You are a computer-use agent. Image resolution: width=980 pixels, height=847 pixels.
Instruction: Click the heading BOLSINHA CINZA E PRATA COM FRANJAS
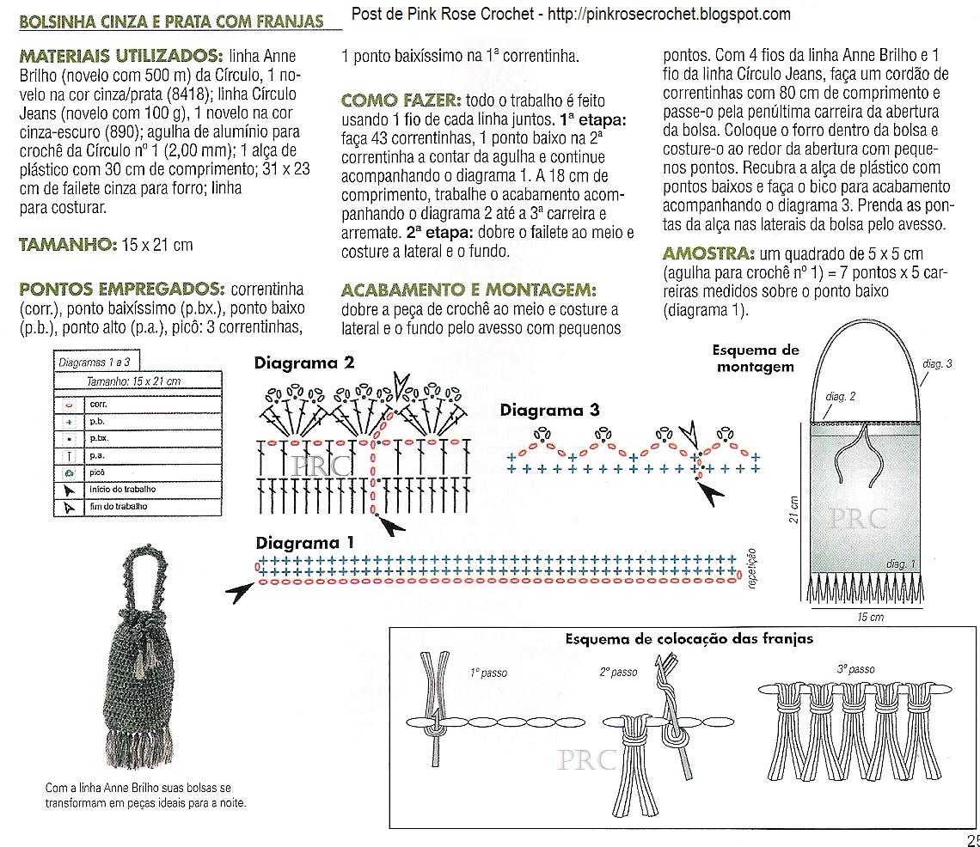pos(172,21)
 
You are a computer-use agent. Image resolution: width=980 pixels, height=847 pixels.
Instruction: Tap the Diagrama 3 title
pos(549,411)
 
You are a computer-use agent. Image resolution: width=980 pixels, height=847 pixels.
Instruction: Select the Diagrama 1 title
pos(304,543)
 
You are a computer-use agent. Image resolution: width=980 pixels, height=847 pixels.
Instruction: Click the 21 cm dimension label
pos(794,509)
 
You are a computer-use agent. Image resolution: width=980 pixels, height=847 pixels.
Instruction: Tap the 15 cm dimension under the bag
pos(870,618)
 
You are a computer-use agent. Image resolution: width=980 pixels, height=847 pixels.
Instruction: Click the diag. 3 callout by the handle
pos(938,364)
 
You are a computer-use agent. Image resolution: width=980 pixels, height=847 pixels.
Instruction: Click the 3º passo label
pos(854,669)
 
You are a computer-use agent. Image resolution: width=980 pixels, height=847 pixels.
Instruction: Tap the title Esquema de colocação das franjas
pos(689,639)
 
